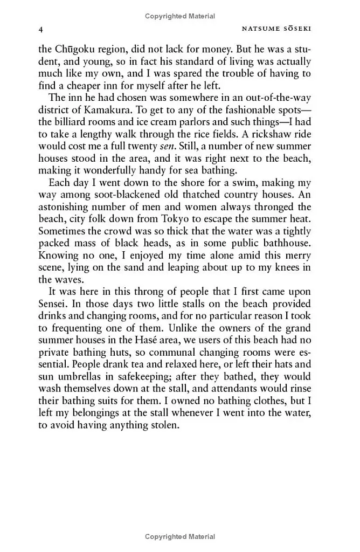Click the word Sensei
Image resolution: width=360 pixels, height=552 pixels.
pos(54,305)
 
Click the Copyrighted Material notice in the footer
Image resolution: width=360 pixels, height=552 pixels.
pos(180,536)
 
